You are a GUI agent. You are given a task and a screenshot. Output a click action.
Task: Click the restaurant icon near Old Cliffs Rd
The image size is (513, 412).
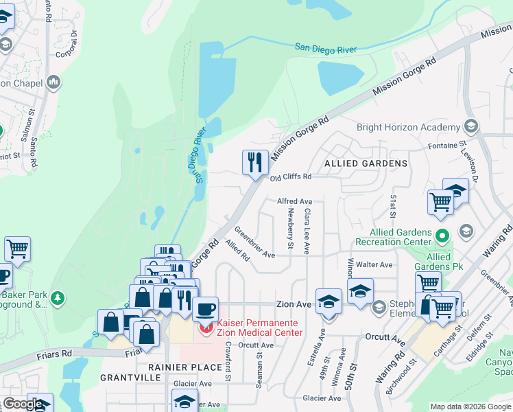click(x=255, y=163)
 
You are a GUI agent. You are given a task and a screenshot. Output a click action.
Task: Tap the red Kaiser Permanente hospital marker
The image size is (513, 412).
click(x=206, y=329)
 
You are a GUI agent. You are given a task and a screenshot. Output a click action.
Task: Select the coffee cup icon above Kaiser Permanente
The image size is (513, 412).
click(x=205, y=309)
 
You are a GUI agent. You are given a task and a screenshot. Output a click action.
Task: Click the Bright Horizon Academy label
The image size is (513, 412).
click(x=408, y=127)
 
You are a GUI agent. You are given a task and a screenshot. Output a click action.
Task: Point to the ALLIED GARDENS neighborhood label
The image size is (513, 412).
click(x=366, y=163)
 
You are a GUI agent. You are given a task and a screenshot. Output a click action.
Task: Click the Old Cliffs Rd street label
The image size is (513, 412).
click(x=291, y=177)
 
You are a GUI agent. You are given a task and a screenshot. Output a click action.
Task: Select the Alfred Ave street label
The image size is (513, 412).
click(x=295, y=201)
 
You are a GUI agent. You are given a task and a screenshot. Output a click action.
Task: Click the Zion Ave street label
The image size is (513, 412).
click(x=294, y=304)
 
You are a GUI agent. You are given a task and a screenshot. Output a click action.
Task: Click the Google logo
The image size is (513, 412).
click(x=23, y=404)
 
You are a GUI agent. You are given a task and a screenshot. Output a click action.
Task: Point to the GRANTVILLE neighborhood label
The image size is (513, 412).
click(x=130, y=378)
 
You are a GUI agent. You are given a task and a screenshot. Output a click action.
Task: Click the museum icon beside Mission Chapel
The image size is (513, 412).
click(x=53, y=83)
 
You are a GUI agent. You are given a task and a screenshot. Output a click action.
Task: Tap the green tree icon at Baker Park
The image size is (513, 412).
click(x=59, y=298)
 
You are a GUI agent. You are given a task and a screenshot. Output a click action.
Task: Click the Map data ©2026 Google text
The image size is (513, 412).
click(x=470, y=407)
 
